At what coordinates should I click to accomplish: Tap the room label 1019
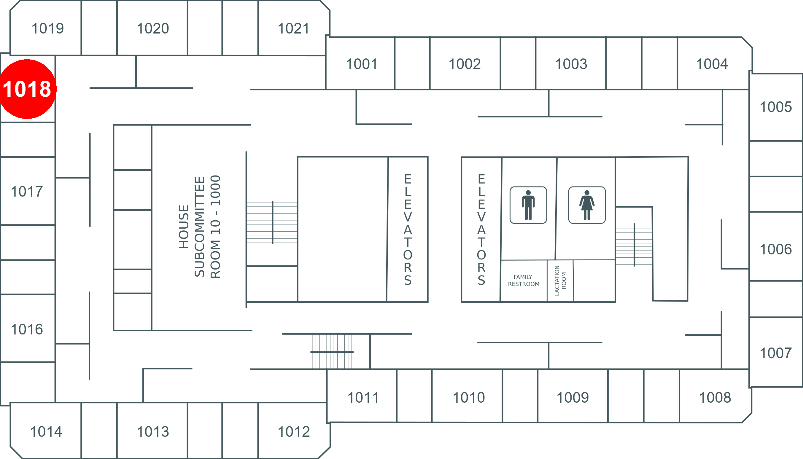(x=48, y=28)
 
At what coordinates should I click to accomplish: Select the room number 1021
(x=293, y=28)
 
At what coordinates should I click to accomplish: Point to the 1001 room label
(x=361, y=64)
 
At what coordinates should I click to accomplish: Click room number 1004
(x=712, y=64)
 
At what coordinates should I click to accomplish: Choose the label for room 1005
(x=775, y=107)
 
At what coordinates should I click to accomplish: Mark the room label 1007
(x=775, y=353)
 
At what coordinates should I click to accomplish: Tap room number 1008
(x=715, y=398)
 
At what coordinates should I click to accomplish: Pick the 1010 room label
(x=469, y=398)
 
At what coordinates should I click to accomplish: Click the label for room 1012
(x=294, y=432)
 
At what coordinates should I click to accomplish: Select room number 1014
(x=46, y=432)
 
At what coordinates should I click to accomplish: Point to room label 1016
(x=27, y=329)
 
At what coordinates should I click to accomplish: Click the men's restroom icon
(x=528, y=205)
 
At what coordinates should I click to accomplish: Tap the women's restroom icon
(x=587, y=205)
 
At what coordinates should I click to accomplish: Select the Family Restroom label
(x=524, y=280)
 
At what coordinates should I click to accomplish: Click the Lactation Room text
(x=560, y=280)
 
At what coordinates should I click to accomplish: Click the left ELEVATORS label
(x=408, y=230)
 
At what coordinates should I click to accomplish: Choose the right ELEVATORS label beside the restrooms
(x=481, y=230)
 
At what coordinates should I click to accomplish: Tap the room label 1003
(x=571, y=64)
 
